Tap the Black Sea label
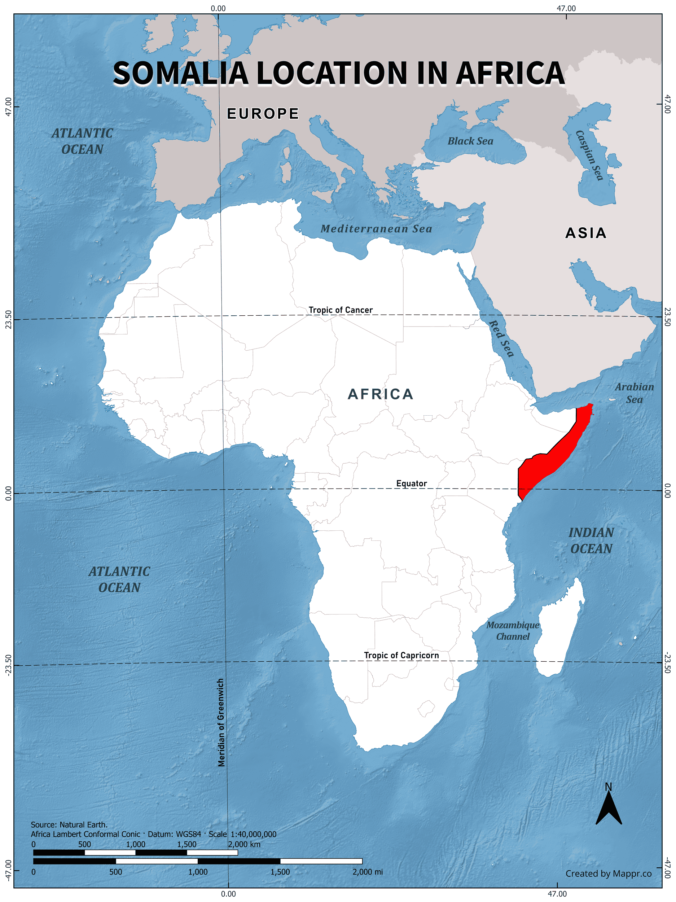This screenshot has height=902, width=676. pyautogui.click(x=470, y=141)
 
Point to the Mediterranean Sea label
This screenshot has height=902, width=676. pyautogui.click(x=376, y=229)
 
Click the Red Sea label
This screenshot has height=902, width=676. pyautogui.click(x=501, y=338)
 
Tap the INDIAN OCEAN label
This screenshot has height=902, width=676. pyautogui.click(x=591, y=541)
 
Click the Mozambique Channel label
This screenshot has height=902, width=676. pyautogui.click(x=513, y=630)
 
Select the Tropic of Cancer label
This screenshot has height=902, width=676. pyautogui.click(x=341, y=310)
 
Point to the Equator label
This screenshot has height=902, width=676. pyautogui.click(x=411, y=483)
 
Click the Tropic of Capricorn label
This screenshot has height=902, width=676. pyautogui.click(x=401, y=655)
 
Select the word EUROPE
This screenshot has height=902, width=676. pyautogui.click(x=263, y=114)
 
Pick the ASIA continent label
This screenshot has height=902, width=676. pyautogui.click(x=585, y=233)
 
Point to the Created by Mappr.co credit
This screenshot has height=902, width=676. pyautogui.click(x=608, y=873)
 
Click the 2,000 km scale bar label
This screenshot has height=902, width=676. pyautogui.click(x=244, y=844)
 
